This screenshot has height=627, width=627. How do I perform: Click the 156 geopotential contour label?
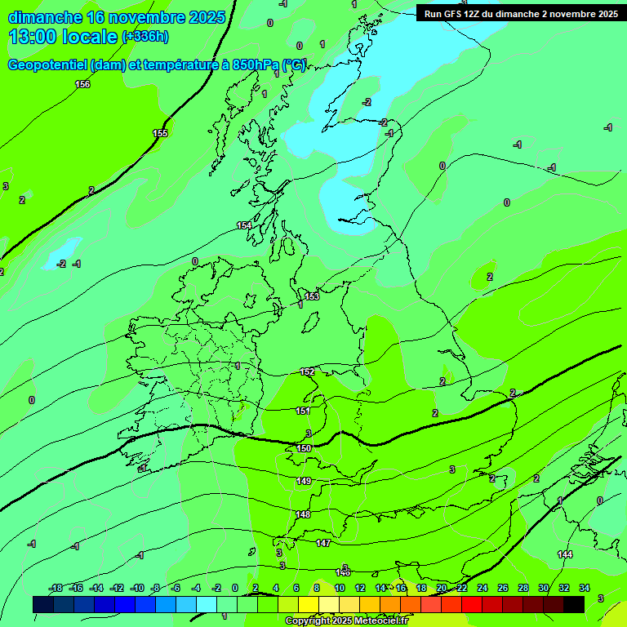[x=82, y=84]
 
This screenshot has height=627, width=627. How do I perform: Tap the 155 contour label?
[x=160, y=133]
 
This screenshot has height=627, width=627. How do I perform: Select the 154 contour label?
[x=244, y=225]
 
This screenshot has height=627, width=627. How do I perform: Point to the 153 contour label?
[x=312, y=296]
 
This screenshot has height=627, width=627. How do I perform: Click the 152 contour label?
[x=307, y=371]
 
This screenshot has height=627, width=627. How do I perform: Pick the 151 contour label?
[x=303, y=411]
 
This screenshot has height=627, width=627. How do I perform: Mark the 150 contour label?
[x=304, y=448]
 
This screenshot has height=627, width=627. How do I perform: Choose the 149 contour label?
[x=304, y=481]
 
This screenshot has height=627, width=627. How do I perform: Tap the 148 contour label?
[x=303, y=514]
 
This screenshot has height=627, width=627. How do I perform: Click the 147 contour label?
[x=323, y=543]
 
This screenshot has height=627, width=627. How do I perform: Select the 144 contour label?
[x=565, y=554]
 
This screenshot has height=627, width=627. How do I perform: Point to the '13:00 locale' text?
[x=63, y=37]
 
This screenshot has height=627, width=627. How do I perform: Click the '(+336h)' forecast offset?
[x=145, y=37]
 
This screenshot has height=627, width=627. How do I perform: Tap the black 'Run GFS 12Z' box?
[x=519, y=13]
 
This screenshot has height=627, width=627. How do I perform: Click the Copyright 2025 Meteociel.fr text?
[x=348, y=621]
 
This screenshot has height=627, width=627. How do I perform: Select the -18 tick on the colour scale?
[x=56, y=588]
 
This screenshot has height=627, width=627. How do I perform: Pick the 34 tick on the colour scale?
[x=584, y=588]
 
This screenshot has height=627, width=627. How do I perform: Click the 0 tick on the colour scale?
[x=235, y=588]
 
